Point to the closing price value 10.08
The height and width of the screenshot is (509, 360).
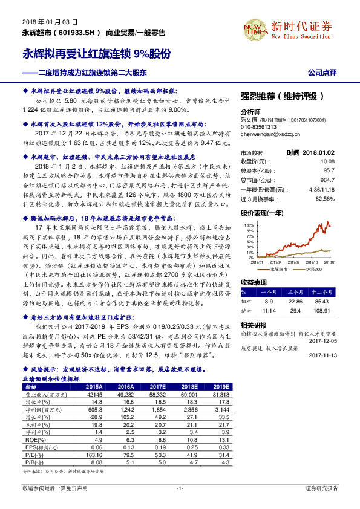(344, 161)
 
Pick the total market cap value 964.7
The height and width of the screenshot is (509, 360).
(343, 181)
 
